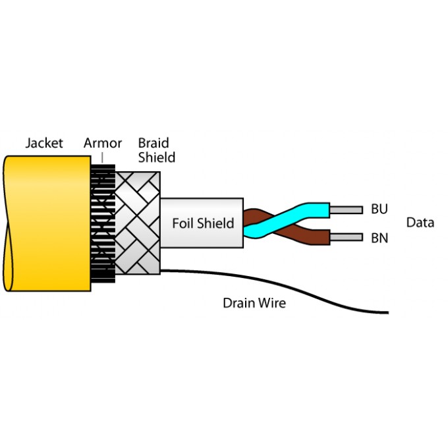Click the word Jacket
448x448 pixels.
[x=44, y=143]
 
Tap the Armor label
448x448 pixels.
[x=103, y=143]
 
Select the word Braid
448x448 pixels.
[x=154, y=143]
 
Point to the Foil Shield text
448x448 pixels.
[x=203, y=223]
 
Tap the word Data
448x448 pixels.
[x=420, y=223]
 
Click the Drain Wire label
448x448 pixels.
[x=254, y=303]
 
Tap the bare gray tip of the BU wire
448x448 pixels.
[x=346, y=210]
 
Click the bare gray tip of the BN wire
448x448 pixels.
[x=346, y=237]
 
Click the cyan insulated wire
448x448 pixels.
[x=310, y=210]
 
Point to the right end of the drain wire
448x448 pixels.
[x=386, y=312]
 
